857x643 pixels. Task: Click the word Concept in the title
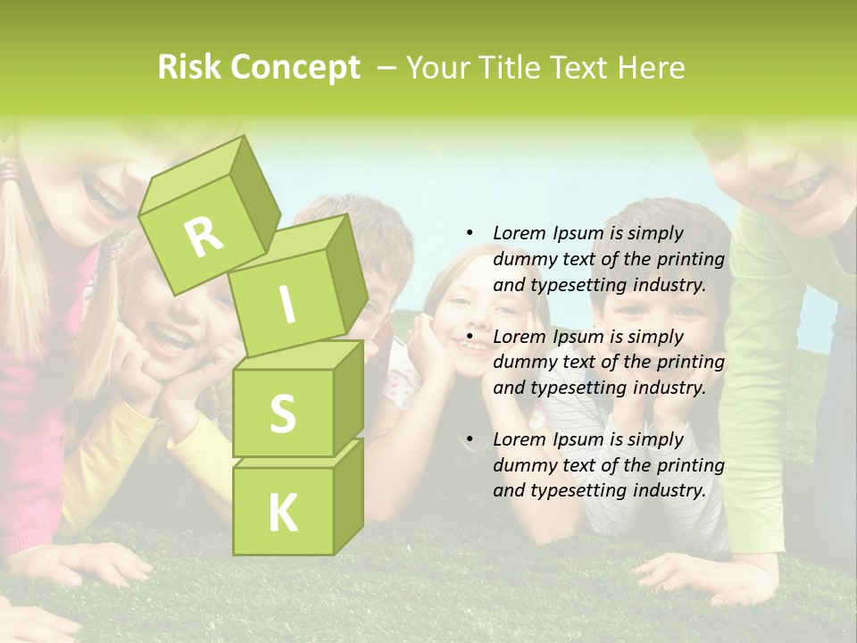pos(295,68)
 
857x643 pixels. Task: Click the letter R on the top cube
pos(204,237)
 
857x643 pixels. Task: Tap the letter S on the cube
pos(282,413)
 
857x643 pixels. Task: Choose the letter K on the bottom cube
pos(282,512)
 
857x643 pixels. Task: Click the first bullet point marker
pos(470,234)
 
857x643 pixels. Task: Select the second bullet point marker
pos(470,337)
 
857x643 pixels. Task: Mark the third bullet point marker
pos(470,439)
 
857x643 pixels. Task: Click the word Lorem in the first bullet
pos(519,233)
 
